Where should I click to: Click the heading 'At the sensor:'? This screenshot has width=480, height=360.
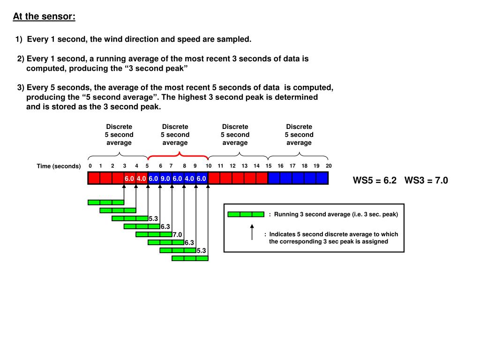pyautogui.click(x=44, y=17)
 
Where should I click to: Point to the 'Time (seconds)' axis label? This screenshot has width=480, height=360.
pyautogui.click(x=59, y=166)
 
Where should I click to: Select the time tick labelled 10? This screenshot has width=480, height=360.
pyautogui.click(x=209, y=166)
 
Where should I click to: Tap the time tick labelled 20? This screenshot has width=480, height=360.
pyautogui.click(x=329, y=166)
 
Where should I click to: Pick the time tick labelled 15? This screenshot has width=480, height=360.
pyautogui.click(x=269, y=166)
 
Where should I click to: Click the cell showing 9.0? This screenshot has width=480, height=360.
pyautogui.click(x=165, y=179)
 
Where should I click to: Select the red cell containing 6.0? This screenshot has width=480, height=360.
pyautogui.click(x=129, y=179)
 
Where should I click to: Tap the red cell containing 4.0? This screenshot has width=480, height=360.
pyautogui.click(x=142, y=179)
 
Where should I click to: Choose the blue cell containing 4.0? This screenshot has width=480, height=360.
pyautogui.click(x=189, y=179)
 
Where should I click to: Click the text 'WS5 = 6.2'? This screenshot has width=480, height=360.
pyautogui.click(x=375, y=180)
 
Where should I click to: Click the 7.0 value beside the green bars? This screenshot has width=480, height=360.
pyautogui.click(x=177, y=234)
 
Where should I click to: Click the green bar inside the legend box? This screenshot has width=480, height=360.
pyautogui.click(x=246, y=214)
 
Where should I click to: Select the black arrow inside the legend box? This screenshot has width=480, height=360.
pyautogui.click(x=252, y=232)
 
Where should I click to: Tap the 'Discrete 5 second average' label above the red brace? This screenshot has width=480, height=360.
pyautogui.click(x=175, y=135)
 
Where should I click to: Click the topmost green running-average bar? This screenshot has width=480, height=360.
pyautogui.click(x=106, y=202)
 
